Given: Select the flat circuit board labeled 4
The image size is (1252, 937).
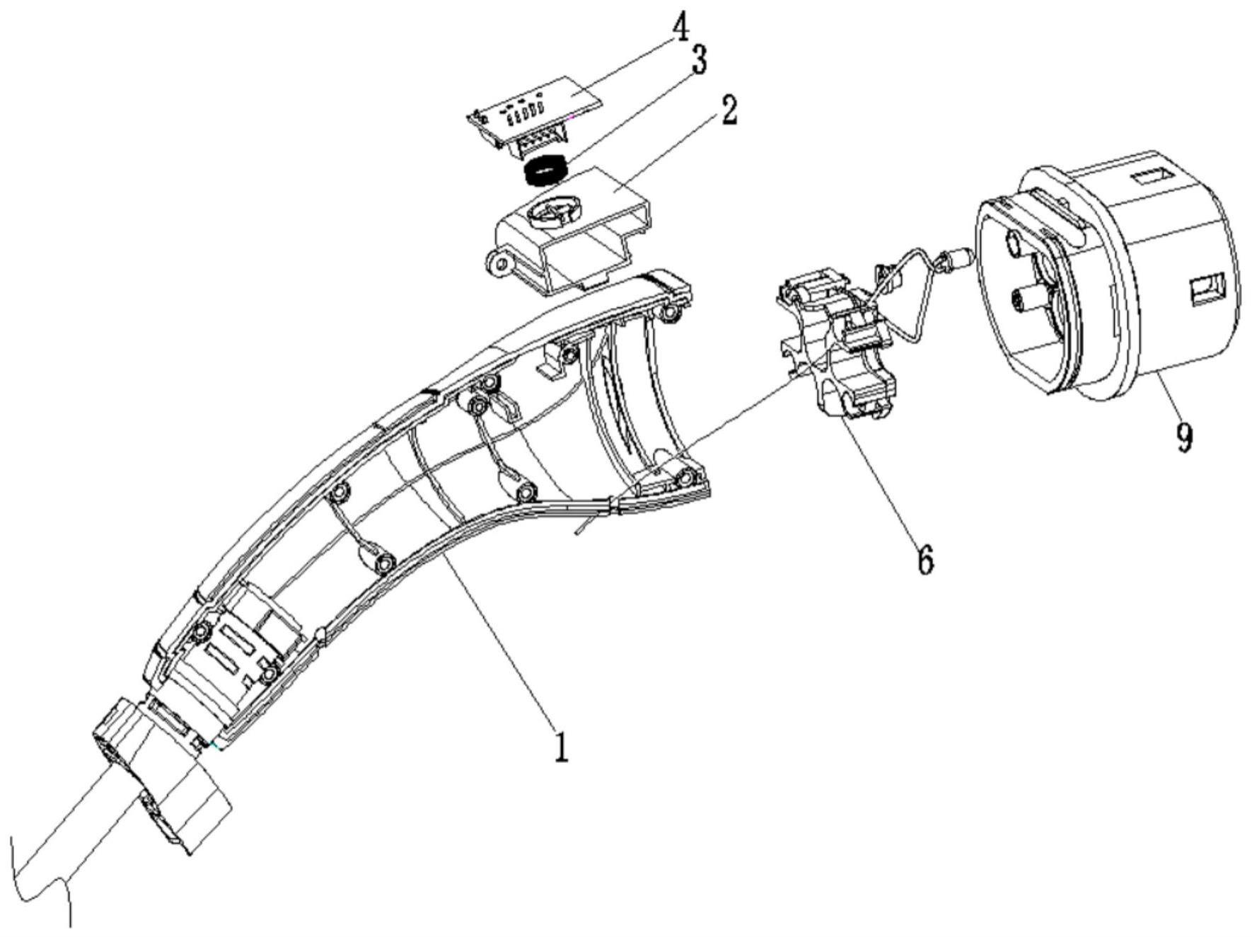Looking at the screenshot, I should tap(538, 106).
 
